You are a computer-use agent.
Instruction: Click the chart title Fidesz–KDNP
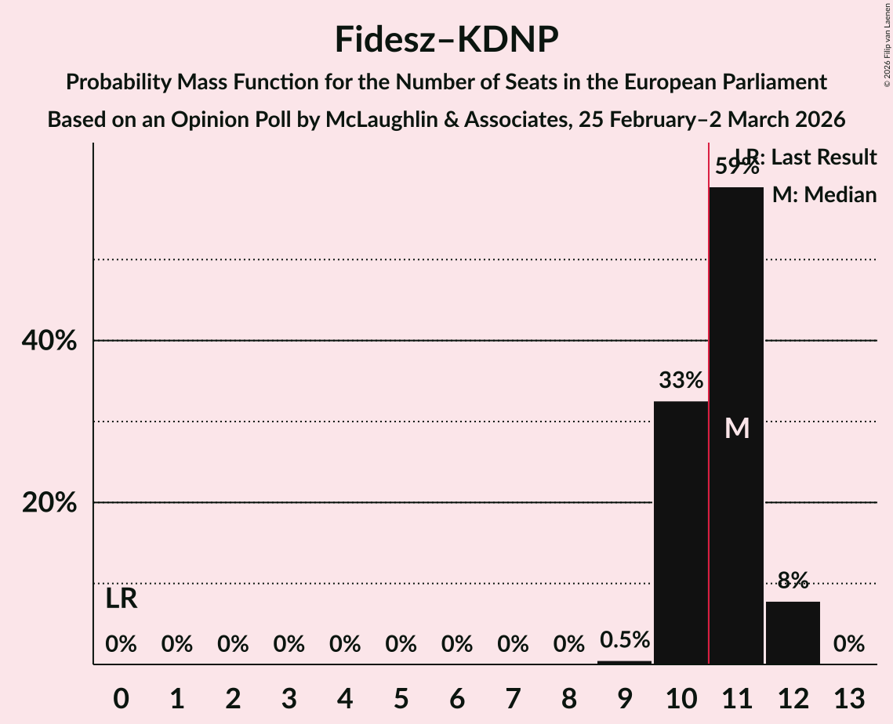tap(446, 39)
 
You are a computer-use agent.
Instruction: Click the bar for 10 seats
tap(681, 532)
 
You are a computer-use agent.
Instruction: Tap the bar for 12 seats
tap(793, 632)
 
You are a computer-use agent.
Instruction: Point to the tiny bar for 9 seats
tap(625, 662)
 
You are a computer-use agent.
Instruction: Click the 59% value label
tap(736, 167)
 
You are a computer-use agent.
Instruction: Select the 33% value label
tap(681, 381)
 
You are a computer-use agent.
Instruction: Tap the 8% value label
tap(793, 581)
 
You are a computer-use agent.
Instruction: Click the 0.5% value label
tap(625, 640)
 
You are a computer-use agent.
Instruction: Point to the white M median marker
tap(737, 428)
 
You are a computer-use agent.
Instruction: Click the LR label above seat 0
tap(121, 599)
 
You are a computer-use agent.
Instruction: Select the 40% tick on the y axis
tap(49, 342)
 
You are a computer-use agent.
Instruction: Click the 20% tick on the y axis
tap(49, 503)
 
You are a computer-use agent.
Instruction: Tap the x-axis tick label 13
tap(848, 697)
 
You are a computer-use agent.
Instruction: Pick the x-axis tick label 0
tap(121, 697)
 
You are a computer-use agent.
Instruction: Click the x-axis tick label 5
tap(401, 697)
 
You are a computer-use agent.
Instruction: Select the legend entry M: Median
tap(824, 195)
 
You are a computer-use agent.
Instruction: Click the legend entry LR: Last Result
tap(806, 157)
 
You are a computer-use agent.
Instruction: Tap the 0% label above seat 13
tap(848, 644)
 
